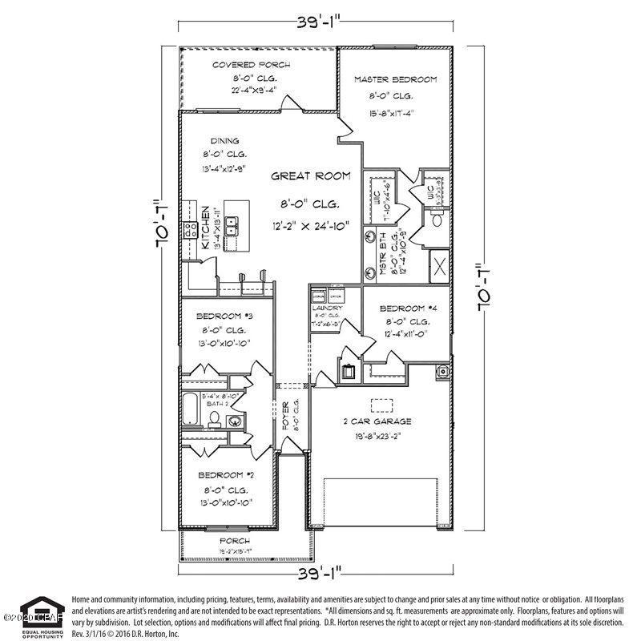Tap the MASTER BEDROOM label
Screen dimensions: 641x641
[x=396, y=79]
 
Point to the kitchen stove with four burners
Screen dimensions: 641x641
[x=191, y=230]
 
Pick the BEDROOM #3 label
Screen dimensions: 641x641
[x=225, y=316]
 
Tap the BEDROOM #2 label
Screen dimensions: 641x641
[x=225, y=474]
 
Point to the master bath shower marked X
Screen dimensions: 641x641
[x=439, y=265]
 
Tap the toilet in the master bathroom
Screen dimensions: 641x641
[x=436, y=219]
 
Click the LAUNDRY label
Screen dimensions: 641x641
[x=328, y=308]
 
